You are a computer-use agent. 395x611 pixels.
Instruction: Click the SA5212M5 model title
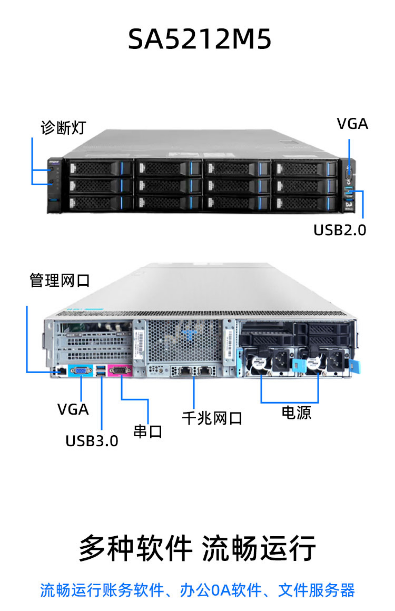[x=200, y=39]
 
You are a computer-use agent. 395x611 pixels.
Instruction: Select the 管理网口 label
[x=60, y=280]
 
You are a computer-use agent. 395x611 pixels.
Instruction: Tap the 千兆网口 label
[x=212, y=419]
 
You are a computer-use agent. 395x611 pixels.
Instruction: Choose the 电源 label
[x=297, y=412]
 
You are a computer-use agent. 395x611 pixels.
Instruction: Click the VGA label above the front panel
[x=352, y=124]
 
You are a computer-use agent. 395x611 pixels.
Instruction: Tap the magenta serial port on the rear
[x=120, y=370]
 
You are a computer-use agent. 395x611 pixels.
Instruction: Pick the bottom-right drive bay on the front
[x=305, y=204]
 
